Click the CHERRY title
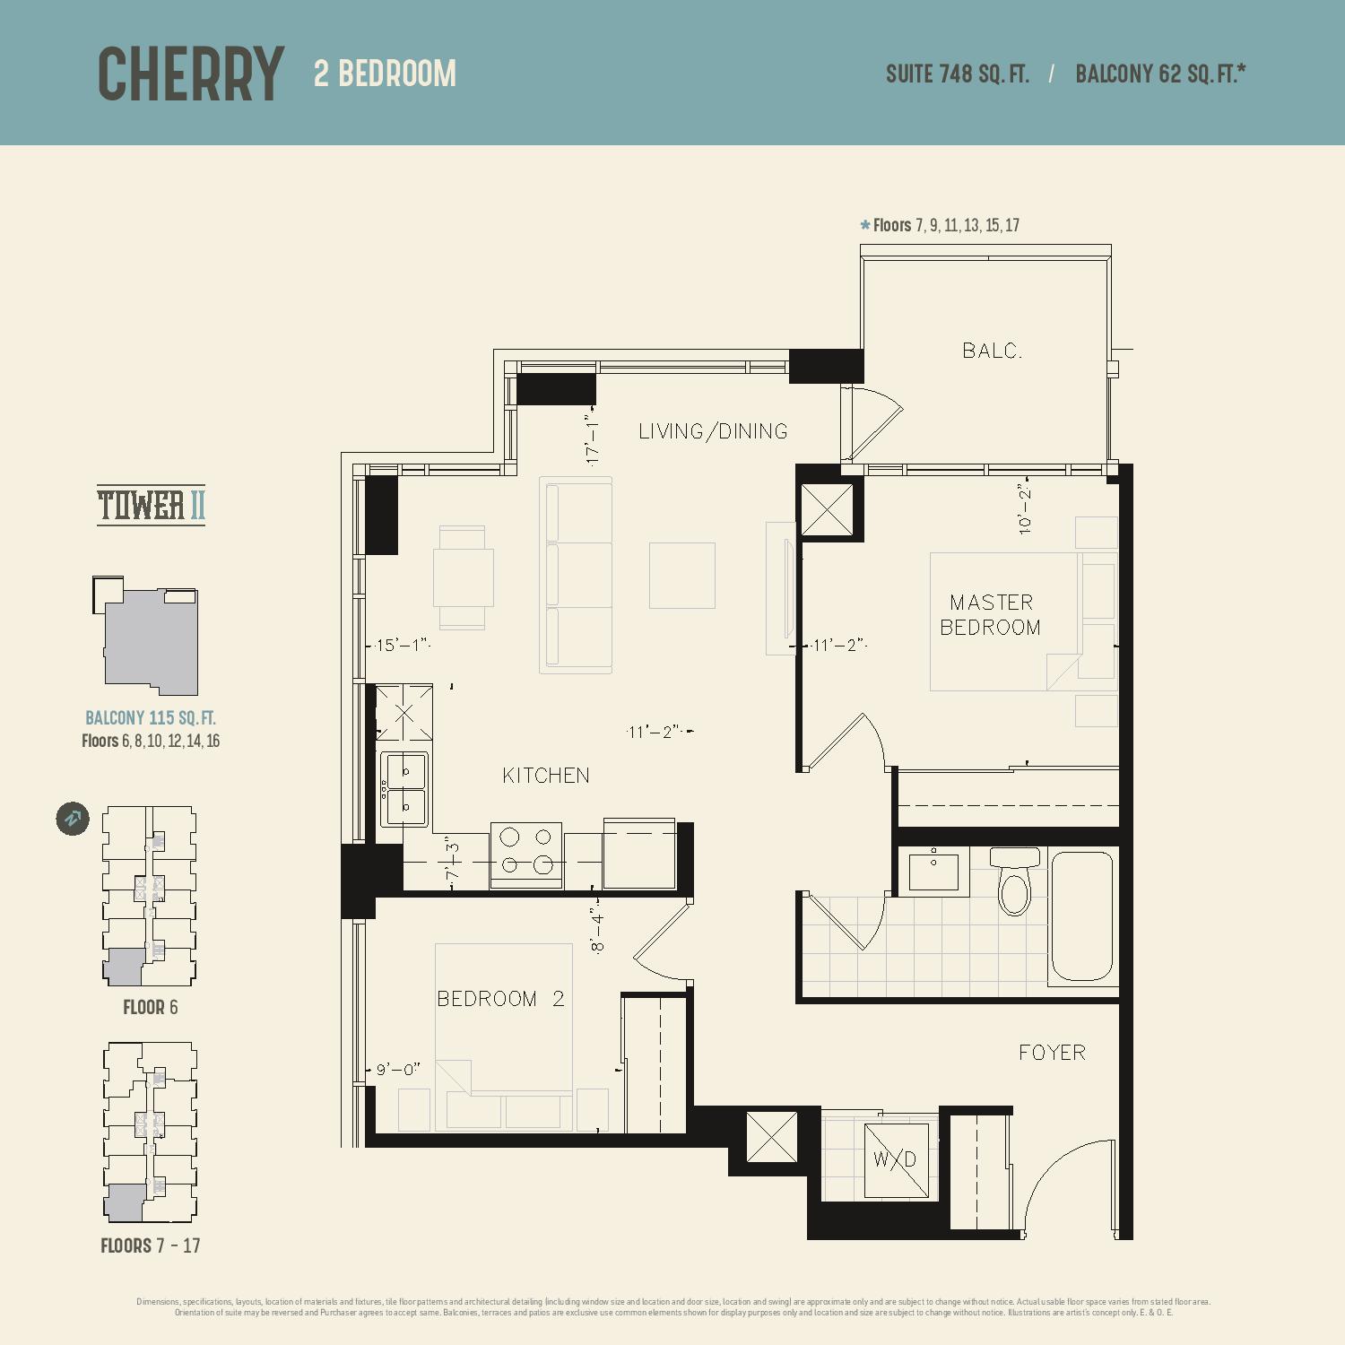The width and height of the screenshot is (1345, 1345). pos(190,74)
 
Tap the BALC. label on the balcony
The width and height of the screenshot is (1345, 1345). pos(993,351)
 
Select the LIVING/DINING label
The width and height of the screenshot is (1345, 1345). pos(713,431)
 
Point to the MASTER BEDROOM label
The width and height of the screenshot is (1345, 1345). pos(991,614)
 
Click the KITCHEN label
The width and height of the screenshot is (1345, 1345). pos(546,776)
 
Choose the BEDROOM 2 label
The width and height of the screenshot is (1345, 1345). pos(500,999)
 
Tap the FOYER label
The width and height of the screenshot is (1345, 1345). pos(1052,1053)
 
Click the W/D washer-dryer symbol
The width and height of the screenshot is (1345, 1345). pos(896,1160)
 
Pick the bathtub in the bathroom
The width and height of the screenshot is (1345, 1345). pos(1082,916)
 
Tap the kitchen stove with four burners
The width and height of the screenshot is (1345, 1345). pos(526,855)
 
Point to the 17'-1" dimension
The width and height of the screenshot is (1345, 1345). pos(592,439)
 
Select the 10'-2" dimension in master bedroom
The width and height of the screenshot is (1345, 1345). pos(1025,508)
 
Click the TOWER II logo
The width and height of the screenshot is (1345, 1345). pos(151,505)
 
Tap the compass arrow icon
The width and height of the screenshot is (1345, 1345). pos(73,818)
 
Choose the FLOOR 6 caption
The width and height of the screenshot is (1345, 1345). pos(151,1007)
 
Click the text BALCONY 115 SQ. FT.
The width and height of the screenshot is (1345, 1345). pos(151,718)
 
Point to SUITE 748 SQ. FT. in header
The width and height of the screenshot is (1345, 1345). pos(957,74)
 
